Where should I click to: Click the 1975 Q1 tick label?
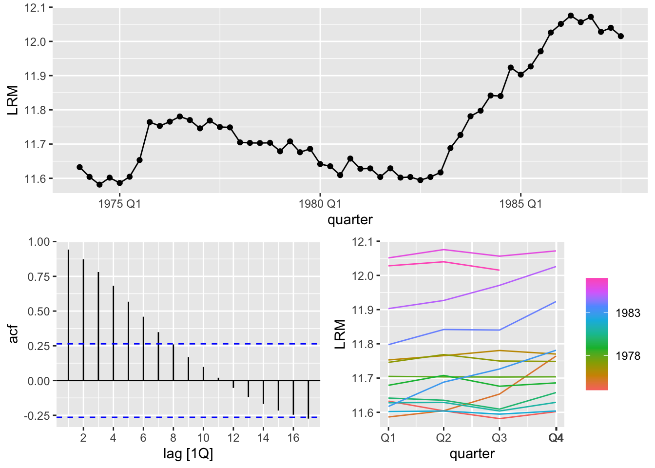point(119,204)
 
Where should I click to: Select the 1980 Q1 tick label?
point(320,204)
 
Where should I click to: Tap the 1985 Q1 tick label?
point(520,204)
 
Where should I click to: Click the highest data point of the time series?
point(571,16)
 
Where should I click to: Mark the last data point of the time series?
point(621,36)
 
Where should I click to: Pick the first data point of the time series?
point(79,167)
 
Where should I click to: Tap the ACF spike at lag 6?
point(143,349)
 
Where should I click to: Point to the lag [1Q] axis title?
point(188,454)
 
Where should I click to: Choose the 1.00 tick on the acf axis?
point(39,242)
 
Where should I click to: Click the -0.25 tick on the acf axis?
point(38,416)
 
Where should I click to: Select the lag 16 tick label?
point(293,438)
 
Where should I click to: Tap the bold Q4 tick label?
point(556,438)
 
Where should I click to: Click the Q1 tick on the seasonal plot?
point(388,438)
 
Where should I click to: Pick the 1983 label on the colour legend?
point(628,313)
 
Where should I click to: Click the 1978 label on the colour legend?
point(628,356)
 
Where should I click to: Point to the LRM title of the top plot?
point(13,100)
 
